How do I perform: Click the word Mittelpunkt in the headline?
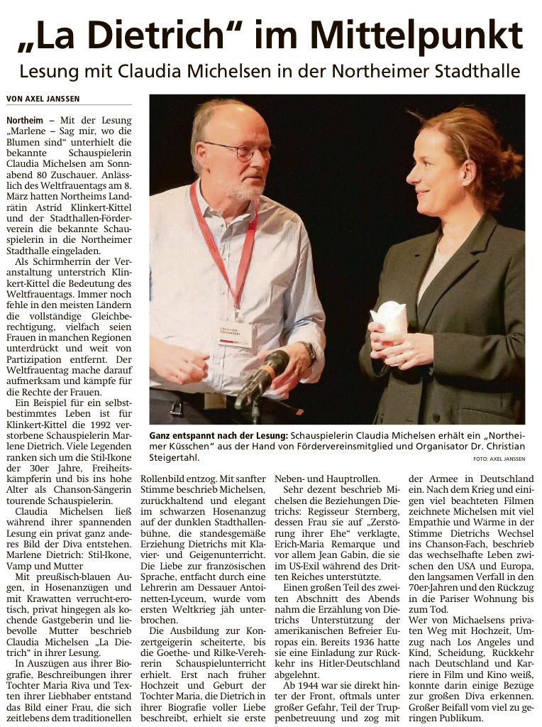pos(416,35)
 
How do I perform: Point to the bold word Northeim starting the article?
pos(25,121)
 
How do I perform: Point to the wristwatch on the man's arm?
pos(310,352)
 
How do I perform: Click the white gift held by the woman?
pos(389,319)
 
